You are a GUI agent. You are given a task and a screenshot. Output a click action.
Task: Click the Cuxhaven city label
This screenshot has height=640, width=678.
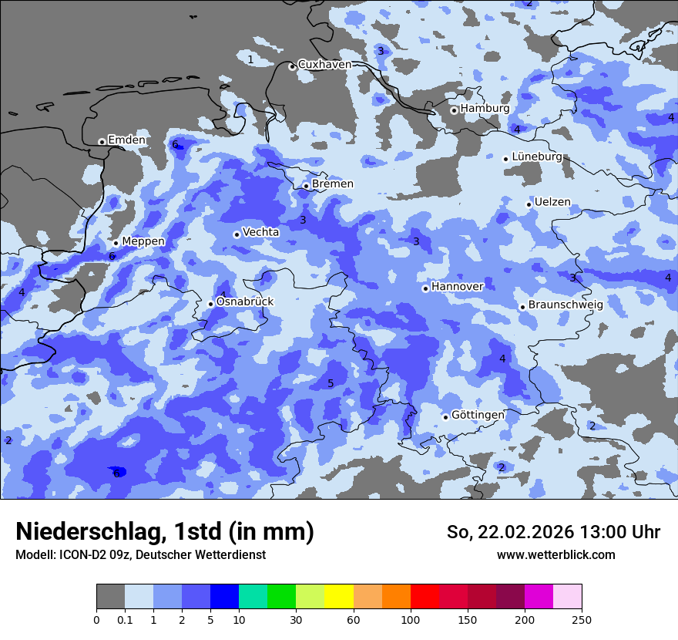(x=324, y=65)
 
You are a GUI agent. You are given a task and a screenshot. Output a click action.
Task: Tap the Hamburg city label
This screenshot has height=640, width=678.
(x=485, y=109)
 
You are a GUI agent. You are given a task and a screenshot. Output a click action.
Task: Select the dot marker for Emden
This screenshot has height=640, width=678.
(x=102, y=142)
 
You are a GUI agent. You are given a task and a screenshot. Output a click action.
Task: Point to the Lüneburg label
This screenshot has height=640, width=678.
(x=536, y=157)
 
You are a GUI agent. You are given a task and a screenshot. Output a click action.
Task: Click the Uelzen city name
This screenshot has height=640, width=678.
(x=552, y=202)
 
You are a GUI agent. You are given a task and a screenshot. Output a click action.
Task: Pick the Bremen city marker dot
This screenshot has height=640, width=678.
(x=306, y=186)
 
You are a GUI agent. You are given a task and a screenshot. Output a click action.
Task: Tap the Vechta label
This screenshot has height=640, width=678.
(x=260, y=232)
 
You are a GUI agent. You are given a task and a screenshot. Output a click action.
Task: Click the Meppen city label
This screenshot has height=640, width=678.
(x=143, y=241)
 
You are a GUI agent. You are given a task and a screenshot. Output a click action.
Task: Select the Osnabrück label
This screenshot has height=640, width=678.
(x=244, y=301)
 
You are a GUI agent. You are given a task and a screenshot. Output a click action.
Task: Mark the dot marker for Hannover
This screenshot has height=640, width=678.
(x=425, y=288)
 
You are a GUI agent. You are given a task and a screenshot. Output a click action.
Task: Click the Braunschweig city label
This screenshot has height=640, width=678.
(x=565, y=305)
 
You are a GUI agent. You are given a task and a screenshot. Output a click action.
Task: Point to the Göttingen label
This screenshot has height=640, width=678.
(x=478, y=415)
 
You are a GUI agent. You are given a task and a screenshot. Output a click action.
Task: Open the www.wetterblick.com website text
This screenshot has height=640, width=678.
(x=555, y=554)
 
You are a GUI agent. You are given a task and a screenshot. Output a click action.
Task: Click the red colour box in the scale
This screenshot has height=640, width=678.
(x=424, y=597)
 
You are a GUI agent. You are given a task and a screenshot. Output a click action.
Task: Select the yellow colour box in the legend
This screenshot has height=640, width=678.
(x=338, y=597)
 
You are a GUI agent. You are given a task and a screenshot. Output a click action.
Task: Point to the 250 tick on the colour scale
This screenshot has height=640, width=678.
(x=581, y=619)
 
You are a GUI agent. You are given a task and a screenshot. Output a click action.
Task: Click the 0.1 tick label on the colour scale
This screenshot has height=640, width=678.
(x=125, y=619)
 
